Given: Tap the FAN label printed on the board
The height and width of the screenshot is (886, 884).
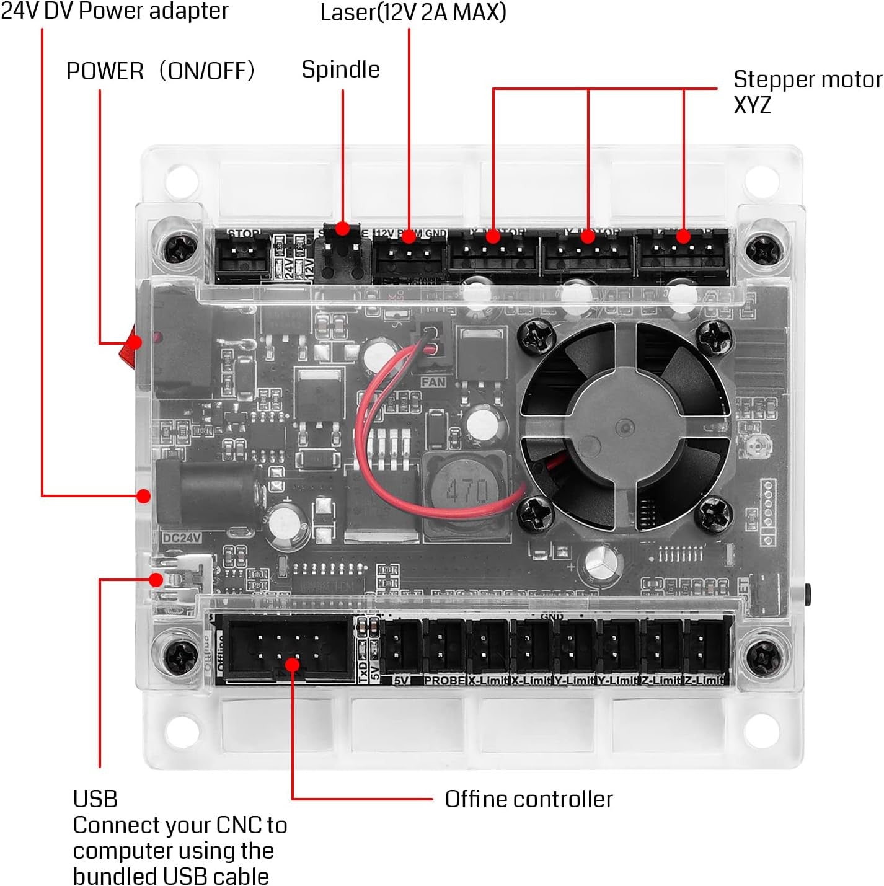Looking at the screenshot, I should tap(433, 382).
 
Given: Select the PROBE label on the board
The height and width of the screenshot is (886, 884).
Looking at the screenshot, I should tap(444, 681).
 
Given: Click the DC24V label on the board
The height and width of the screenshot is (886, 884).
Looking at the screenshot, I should tap(181, 538).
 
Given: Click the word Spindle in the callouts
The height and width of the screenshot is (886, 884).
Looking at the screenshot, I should tap(340, 69).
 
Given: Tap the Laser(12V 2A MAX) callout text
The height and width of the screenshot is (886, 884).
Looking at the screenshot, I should tap(413, 12).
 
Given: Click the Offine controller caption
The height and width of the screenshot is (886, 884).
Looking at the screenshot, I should tap(528, 799).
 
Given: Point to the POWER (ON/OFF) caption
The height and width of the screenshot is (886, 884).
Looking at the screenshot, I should tap(161, 71).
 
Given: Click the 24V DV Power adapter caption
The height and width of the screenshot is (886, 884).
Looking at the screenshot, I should tap(115, 11).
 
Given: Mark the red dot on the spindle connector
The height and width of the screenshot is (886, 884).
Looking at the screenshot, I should tap(342, 229).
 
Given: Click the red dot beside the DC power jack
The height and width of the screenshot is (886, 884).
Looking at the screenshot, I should tap(143, 496).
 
